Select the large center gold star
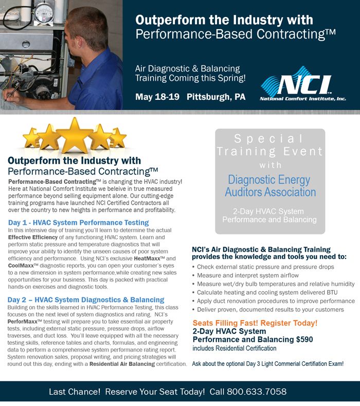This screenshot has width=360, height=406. [x=74, y=135]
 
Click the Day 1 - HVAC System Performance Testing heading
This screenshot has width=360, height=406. [x=78, y=222]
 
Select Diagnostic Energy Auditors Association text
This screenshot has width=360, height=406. [x=270, y=186]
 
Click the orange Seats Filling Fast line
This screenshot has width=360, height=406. [x=255, y=323]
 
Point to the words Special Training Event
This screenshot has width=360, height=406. [x=270, y=145]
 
